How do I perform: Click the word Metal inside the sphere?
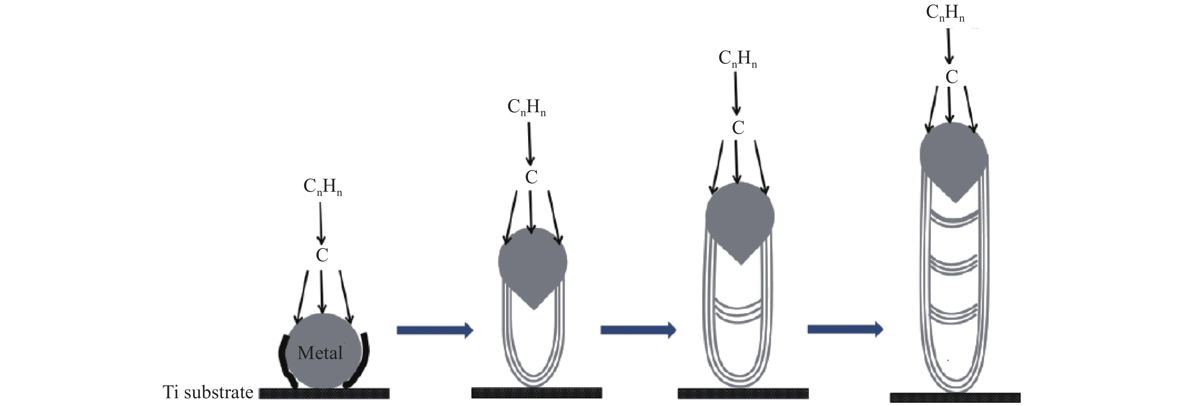[x=320, y=353]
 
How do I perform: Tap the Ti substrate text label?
[x=208, y=392]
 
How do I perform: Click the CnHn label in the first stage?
[x=322, y=187]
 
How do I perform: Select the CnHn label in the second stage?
[x=526, y=107]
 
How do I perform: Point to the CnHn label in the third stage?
[x=737, y=59]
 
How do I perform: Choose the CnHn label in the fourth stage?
[x=945, y=13]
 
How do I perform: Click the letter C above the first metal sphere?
[x=322, y=255]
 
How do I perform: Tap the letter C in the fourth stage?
[x=951, y=77]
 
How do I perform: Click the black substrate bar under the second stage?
[x=536, y=393]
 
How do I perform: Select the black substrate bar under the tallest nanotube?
[x=955, y=397]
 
